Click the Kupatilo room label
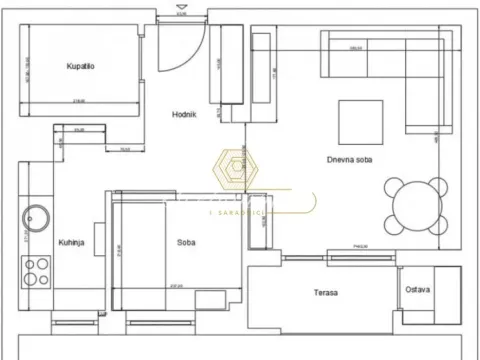[82, 67]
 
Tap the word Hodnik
[183, 114]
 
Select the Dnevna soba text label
[349, 159]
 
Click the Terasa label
[323, 293]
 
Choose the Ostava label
[418, 291]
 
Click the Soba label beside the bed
[186, 242]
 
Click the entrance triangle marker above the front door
[181, 13]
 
